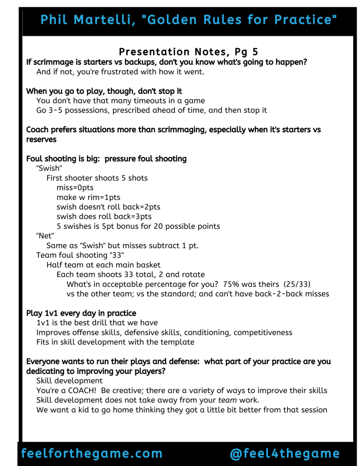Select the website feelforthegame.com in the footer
point(92,453)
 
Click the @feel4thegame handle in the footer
point(285,453)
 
